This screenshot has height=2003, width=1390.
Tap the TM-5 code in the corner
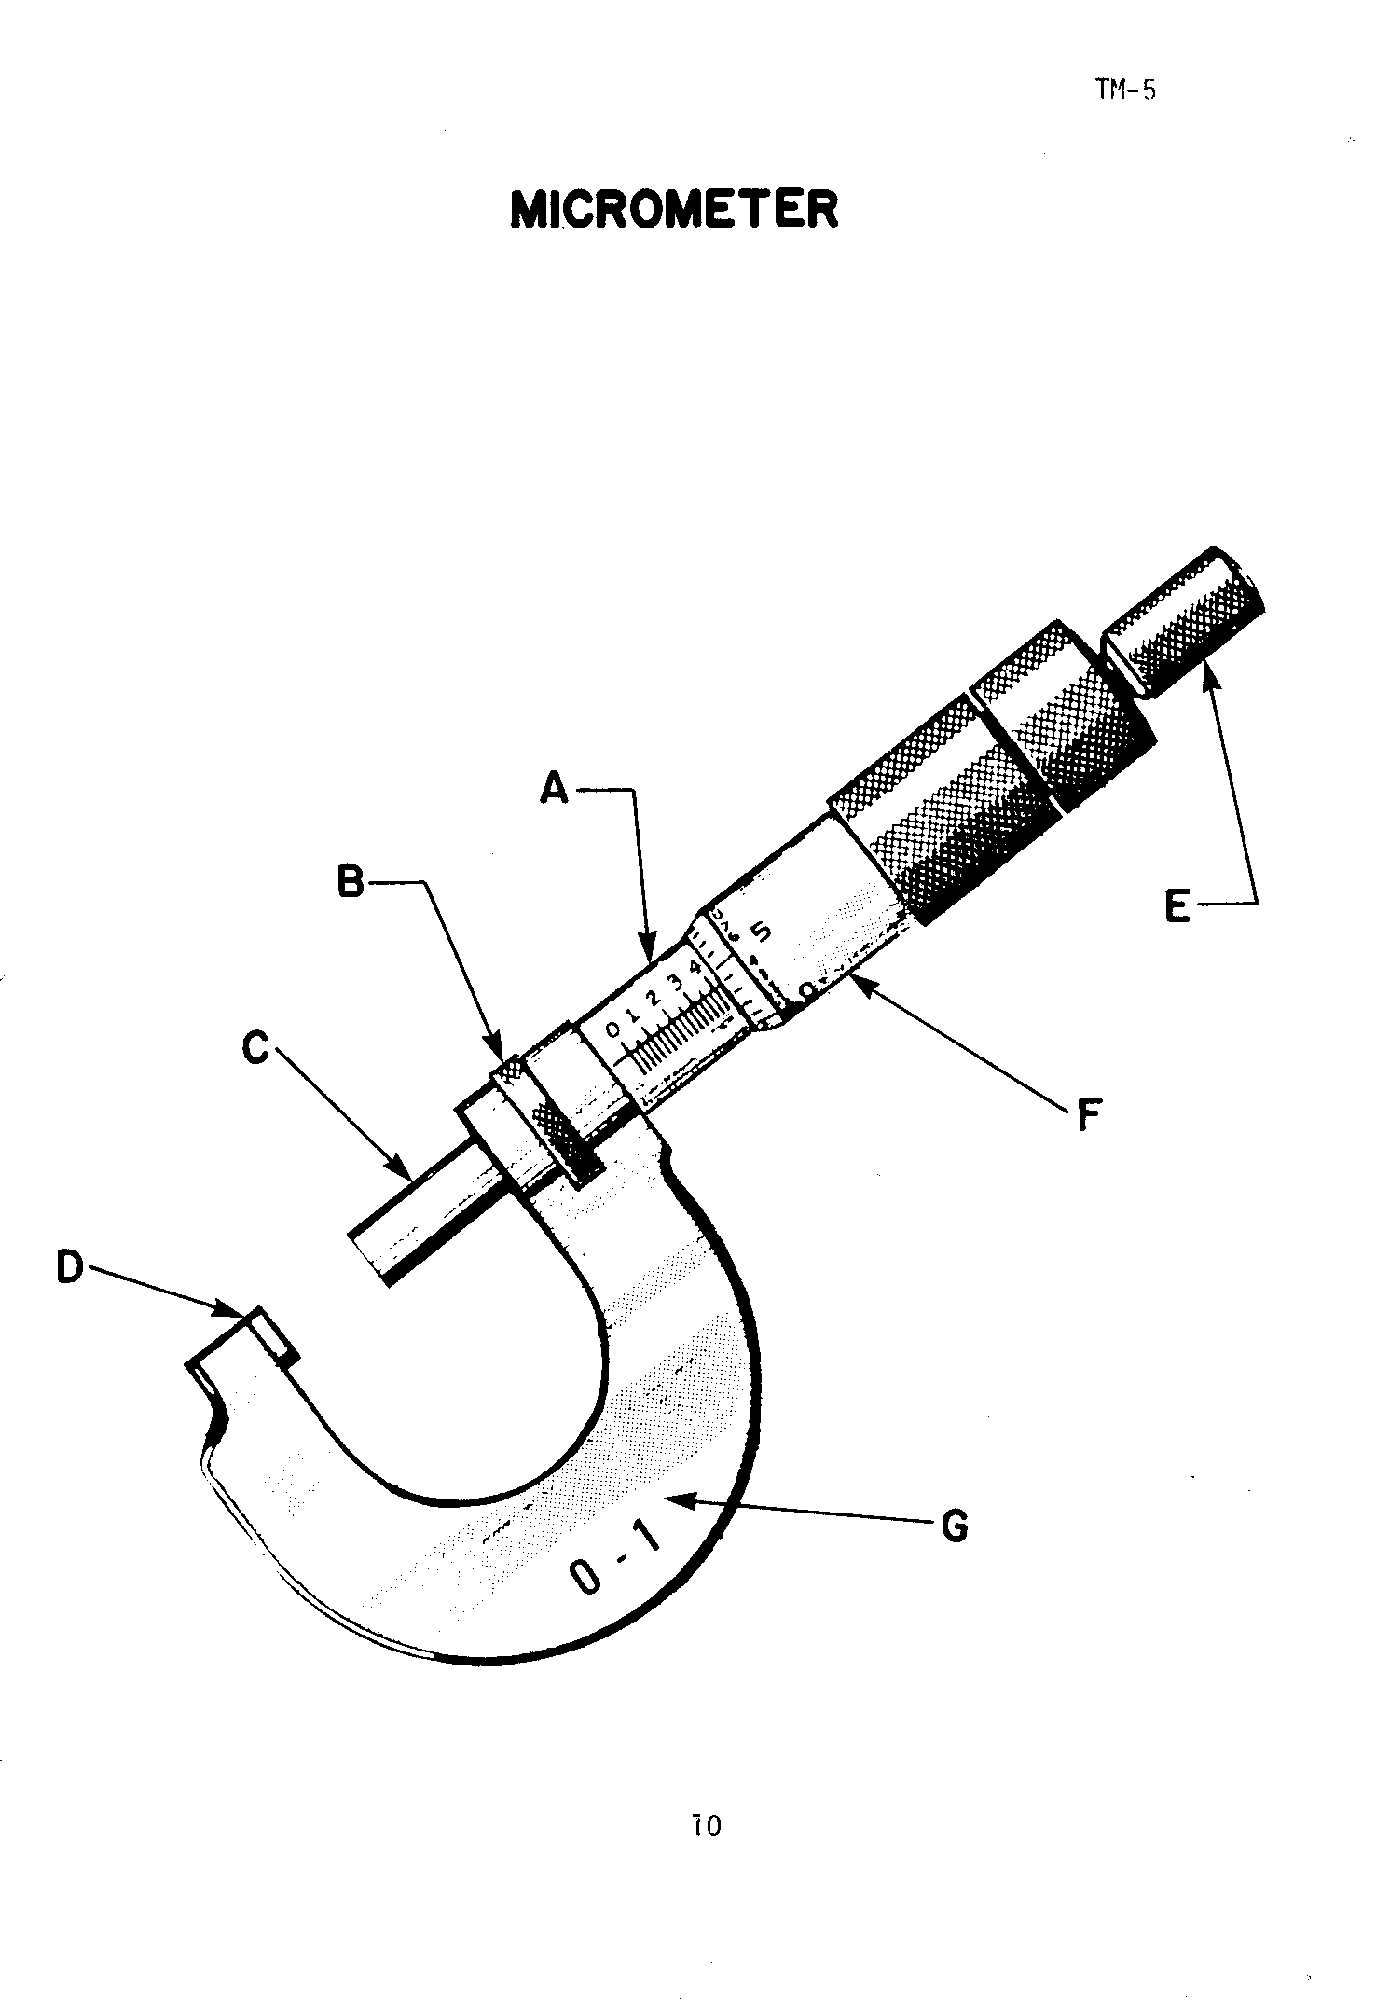pyautogui.click(x=1125, y=90)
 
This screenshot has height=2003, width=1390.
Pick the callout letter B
pyautogui.click(x=351, y=881)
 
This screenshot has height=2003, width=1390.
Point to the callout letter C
pyautogui.click(x=255, y=1049)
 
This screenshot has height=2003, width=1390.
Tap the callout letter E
pyautogui.click(x=1178, y=905)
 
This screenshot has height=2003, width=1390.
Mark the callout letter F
pyautogui.click(x=1087, y=1114)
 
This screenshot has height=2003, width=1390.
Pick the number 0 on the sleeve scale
pyautogui.click(x=612, y=1029)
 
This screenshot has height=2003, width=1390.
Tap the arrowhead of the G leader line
pyautogui.click(x=677, y=1500)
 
